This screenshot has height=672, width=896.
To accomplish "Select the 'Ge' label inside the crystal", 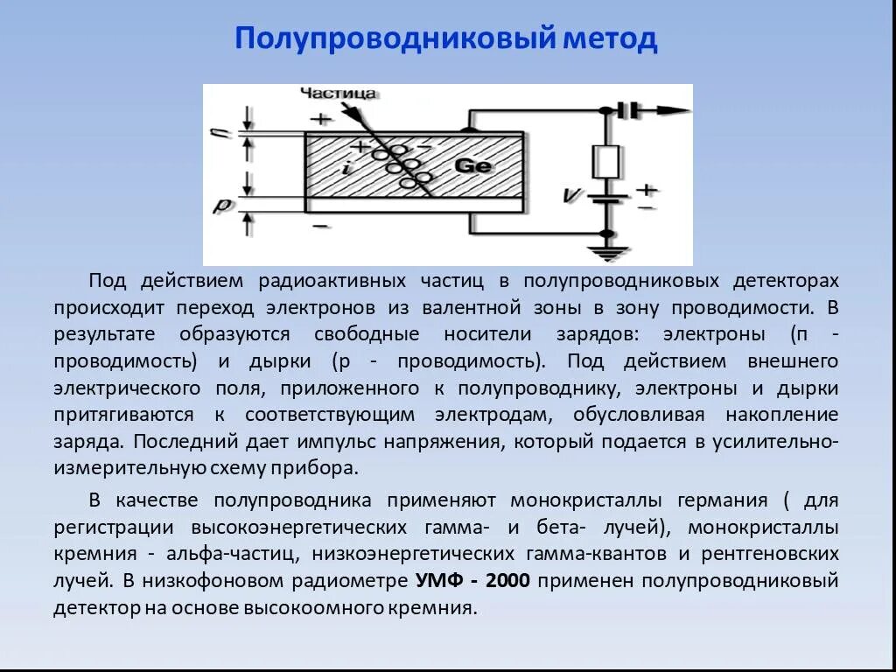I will [x=473, y=166].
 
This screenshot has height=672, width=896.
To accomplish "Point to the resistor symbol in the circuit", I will [x=606, y=162].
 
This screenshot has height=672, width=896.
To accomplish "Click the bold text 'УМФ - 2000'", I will [x=472, y=581].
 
